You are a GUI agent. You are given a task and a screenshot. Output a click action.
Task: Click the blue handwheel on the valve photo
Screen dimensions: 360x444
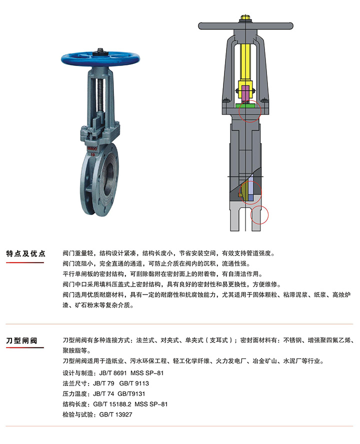click(100, 58)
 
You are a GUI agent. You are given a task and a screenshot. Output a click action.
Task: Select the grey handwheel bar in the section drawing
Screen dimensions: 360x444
click(245, 26)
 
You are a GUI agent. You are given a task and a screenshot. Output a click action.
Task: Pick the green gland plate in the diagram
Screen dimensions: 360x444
click(245, 105)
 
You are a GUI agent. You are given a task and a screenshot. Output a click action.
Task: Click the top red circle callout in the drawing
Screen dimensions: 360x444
click(250, 111)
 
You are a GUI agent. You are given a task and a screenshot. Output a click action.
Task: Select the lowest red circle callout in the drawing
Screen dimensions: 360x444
click(259, 214)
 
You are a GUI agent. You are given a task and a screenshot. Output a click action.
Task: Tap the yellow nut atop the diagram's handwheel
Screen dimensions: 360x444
click(245, 18)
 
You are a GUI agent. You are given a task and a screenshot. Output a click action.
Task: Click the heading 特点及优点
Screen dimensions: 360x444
click(26, 253)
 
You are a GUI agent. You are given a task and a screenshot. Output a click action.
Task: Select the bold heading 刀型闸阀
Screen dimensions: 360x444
click(22, 340)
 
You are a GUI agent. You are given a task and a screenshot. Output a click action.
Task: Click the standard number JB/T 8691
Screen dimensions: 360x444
click(112, 373)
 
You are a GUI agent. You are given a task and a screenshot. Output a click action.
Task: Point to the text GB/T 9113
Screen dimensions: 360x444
click(134, 383)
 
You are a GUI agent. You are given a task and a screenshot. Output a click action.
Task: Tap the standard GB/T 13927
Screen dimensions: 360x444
click(115, 414)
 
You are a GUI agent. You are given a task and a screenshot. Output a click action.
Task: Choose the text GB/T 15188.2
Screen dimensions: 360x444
click(112, 404)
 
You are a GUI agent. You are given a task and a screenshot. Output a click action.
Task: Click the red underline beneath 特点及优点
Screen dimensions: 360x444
click(25, 262)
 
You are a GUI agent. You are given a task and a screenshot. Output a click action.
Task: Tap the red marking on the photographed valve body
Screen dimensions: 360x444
click(92, 148)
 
